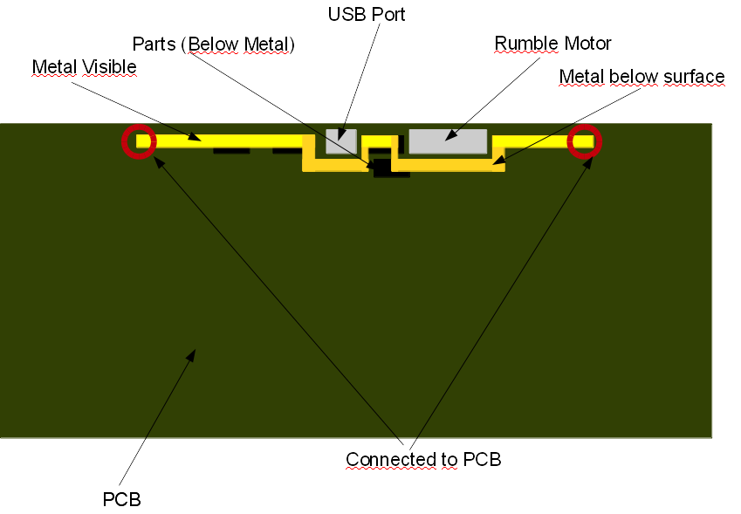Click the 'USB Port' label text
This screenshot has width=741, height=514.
tap(367, 15)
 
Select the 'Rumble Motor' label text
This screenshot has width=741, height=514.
tap(552, 43)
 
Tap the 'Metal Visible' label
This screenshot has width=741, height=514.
tap(84, 67)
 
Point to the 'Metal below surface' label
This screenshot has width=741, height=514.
tap(642, 77)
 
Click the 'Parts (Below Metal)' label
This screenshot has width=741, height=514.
tap(214, 44)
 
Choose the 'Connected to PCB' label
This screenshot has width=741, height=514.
tap(423, 459)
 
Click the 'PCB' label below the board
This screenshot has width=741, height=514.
tap(121, 500)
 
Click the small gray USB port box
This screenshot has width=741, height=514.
tap(341, 141)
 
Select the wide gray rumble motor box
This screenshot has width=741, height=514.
tap(448, 140)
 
